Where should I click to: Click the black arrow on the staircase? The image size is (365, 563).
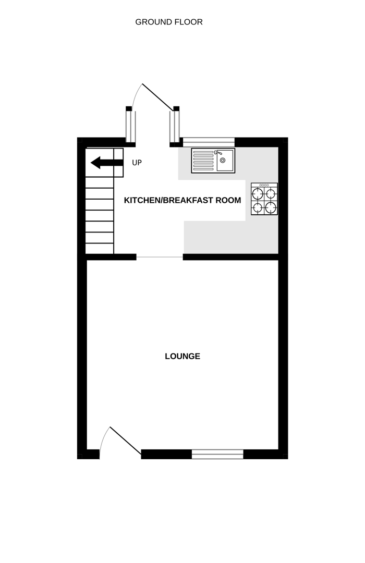107,163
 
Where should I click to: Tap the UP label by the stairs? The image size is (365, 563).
137,163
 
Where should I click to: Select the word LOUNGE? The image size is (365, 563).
182,357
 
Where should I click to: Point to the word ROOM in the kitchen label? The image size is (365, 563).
229,200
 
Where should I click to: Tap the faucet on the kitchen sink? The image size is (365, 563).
218,153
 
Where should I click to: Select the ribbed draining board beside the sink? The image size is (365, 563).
203,161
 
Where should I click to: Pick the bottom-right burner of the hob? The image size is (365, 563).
271,207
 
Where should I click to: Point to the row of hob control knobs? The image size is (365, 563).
264,185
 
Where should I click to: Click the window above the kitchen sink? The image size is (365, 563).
209,141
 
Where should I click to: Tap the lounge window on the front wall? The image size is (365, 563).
217,455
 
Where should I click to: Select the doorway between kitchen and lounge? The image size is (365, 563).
160,256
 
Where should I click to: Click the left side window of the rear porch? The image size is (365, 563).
130,126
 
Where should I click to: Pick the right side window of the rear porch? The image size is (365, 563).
175,126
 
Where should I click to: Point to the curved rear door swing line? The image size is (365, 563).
136,96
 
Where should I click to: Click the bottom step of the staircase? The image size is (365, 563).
100,249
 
